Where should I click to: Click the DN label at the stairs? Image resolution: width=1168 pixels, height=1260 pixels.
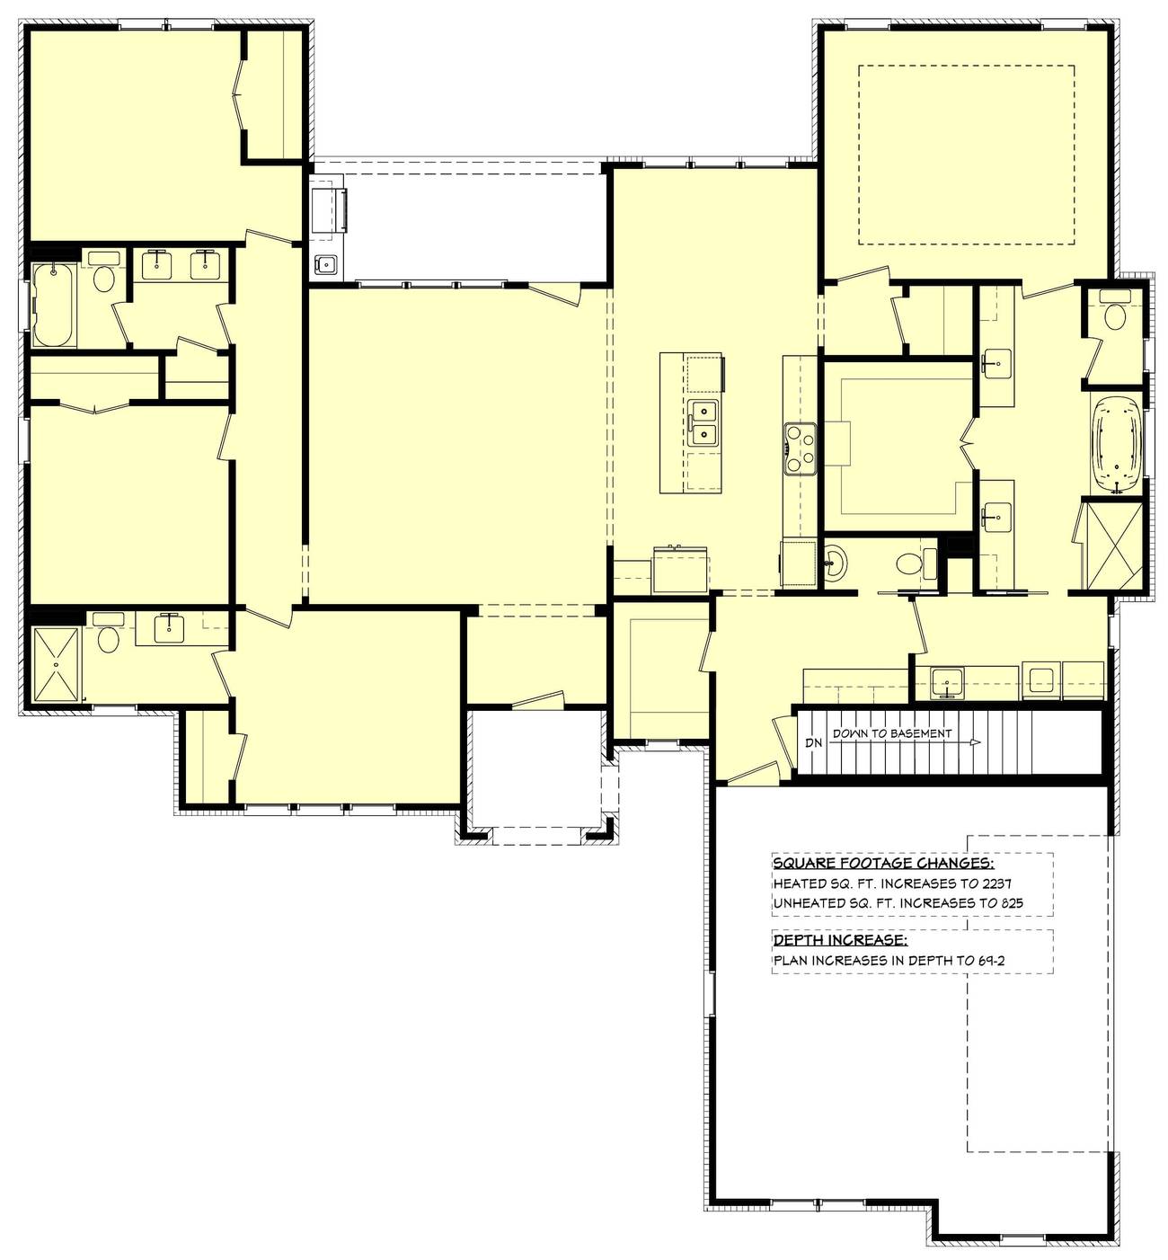pos(813,742)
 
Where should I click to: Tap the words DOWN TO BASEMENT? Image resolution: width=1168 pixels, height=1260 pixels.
pos(892,733)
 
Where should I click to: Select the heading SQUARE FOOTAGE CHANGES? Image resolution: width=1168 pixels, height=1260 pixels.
pos(883,863)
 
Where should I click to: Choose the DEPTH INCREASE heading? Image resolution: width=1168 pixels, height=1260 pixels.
pos(840,939)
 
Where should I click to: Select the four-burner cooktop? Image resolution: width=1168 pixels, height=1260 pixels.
pos(800,449)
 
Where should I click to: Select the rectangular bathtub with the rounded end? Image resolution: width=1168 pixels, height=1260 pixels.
pos(54,306)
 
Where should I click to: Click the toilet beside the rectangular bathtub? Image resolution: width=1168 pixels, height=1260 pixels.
pos(104,273)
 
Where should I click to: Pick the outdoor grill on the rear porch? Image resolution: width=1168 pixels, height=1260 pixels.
pos(329,209)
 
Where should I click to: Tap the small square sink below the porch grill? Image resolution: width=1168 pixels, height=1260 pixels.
pos(327,263)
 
